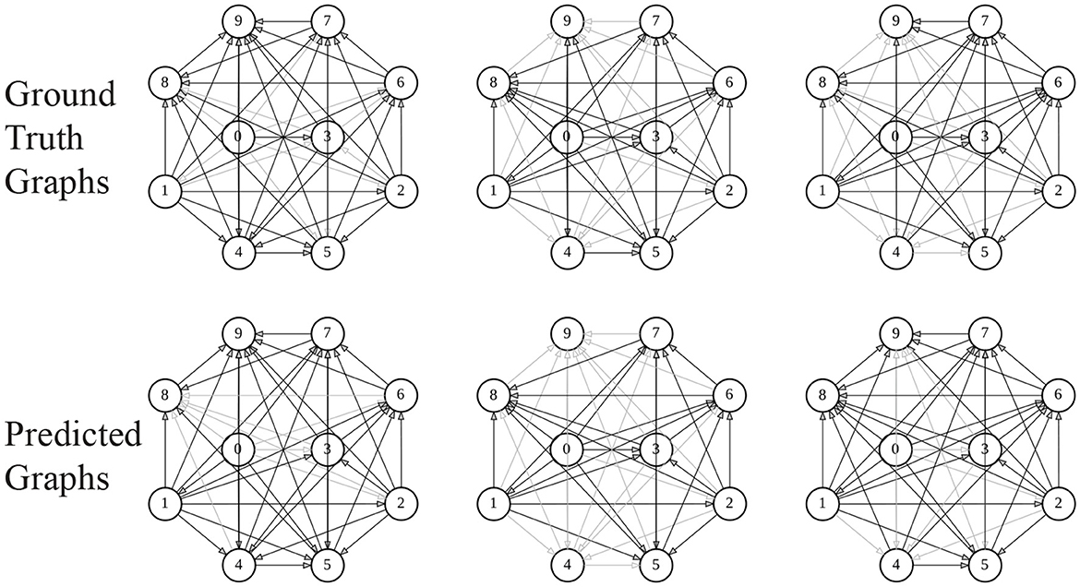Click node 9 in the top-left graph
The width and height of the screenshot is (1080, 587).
pos(239,19)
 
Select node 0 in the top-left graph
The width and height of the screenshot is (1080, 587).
pos(237,138)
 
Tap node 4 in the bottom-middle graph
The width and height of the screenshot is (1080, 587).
pos(568,562)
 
